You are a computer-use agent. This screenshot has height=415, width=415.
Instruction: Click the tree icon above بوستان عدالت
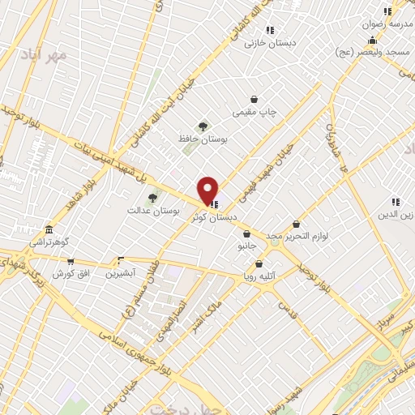152,197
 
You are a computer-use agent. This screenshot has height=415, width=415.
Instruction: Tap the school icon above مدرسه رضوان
387,11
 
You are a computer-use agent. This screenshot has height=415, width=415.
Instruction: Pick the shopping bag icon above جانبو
246,233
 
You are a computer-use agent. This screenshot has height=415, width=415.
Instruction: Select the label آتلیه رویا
260,276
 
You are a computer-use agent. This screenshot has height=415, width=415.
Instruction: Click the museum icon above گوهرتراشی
49,229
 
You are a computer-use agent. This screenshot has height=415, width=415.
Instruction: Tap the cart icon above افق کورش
71,262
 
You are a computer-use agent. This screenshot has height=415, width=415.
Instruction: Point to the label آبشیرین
121,273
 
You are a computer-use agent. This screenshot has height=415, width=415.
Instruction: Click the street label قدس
284,309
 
